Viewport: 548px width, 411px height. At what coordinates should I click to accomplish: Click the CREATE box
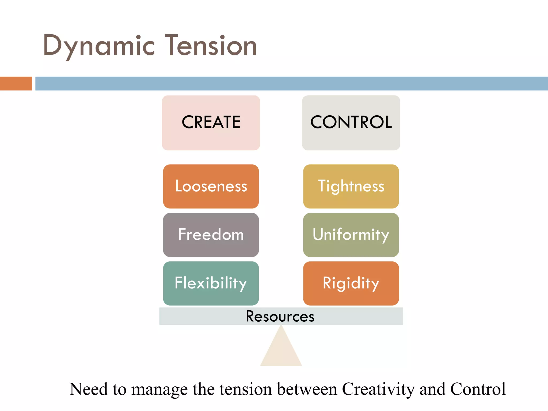pyautogui.click(x=211, y=123)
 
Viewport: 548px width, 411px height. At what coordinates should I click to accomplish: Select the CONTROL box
pyautogui.click(x=351, y=123)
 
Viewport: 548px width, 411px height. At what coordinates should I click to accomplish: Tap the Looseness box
pyautogui.click(x=211, y=186)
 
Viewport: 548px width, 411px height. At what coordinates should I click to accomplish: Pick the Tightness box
pyautogui.click(x=351, y=186)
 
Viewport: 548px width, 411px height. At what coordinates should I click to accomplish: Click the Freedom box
pyautogui.click(x=211, y=235)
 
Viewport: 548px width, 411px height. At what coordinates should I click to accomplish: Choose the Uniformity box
pyautogui.click(x=351, y=235)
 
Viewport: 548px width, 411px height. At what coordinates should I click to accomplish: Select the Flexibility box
pyautogui.click(x=211, y=283)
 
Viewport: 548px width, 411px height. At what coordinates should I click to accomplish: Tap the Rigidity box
pyautogui.click(x=351, y=283)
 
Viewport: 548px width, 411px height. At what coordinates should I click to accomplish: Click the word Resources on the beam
pyautogui.click(x=280, y=316)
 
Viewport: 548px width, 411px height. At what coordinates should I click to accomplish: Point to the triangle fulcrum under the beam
pyautogui.click(x=281, y=351)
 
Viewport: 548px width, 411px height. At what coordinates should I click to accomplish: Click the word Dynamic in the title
pyautogui.click(x=99, y=46)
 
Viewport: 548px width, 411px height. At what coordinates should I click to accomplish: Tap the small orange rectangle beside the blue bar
pyautogui.click(x=16, y=83)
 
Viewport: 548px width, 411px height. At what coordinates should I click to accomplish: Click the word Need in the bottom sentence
pyautogui.click(x=89, y=389)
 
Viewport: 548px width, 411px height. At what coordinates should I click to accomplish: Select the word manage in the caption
pyautogui.click(x=159, y=390)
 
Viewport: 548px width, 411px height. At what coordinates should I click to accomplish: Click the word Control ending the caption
pyautogui.click(x=478, y=389)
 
